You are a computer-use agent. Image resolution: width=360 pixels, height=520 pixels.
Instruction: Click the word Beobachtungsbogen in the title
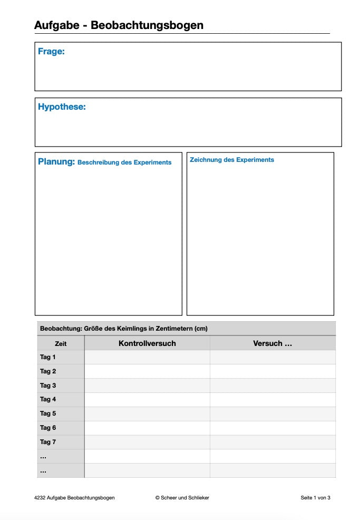click(147, 25)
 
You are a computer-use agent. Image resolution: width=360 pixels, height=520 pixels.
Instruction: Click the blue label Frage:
click(51, 52)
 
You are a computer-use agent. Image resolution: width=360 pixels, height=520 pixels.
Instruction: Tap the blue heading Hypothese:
click(62, 107)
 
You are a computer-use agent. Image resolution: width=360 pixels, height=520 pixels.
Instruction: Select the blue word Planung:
click(56, 162)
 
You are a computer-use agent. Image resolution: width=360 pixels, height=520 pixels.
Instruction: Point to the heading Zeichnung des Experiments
click(232, 160)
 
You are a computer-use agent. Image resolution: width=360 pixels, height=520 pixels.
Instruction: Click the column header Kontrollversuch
click(147, 343)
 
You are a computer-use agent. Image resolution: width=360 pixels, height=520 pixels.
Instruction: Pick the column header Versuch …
click(273, 343)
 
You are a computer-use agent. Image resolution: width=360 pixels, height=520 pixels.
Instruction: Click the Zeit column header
click(61, 344)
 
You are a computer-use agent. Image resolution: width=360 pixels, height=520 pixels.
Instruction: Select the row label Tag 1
click(48, 357)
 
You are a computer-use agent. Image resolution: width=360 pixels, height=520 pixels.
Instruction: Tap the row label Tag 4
click(48, 399)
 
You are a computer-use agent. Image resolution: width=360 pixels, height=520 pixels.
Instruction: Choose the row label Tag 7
click(48, 442)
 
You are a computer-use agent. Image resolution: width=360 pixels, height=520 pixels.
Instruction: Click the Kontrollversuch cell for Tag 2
click(147, 371)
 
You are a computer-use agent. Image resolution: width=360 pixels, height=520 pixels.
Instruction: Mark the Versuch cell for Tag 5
click(273, 413)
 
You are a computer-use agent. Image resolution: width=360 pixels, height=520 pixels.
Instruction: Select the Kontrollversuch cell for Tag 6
click(147, 428)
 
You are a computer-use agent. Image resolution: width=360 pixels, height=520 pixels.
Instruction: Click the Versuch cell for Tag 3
click(273, 386)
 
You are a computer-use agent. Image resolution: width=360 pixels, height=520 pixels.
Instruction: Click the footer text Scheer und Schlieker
click(185, 497)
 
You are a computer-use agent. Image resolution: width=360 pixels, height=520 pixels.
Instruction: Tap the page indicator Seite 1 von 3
click(315, 497)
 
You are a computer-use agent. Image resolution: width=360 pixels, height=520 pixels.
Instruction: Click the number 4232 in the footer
click(40, 497)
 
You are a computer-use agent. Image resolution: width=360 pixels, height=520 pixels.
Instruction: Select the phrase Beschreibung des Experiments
click(124, 162)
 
